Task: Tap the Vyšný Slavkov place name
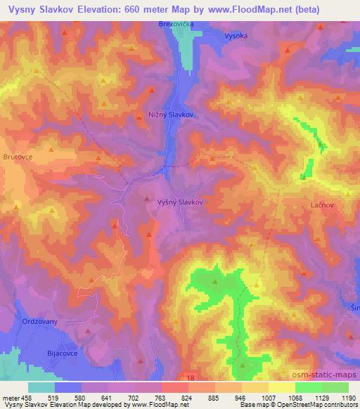tap(179, 201)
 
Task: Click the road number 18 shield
tap(191, 377)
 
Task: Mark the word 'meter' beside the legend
tap(9, 397)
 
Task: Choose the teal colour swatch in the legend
tap(41, 387)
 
